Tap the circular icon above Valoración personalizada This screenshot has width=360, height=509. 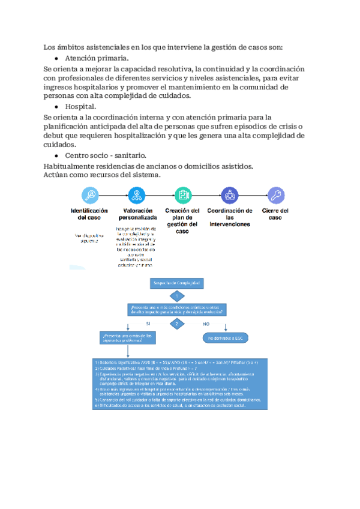pos(136,195)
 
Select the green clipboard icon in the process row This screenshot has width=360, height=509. pos(182,195)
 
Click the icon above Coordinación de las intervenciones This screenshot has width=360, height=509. pos(229,195)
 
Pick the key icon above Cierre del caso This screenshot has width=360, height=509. pos(275,195)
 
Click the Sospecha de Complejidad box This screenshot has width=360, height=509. pos(177,282)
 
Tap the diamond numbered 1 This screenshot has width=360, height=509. pos(177,296)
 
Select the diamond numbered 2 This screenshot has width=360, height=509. pos(177,324)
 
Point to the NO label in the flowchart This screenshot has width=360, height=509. pos(206,324)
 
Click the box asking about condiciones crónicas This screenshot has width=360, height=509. pos(177,310)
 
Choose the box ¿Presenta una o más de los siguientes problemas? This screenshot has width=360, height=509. pos(128,338)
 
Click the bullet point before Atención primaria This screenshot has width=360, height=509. pos(56,59)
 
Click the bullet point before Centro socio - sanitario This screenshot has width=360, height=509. pos(56,155)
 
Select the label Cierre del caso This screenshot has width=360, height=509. pos(275,214)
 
